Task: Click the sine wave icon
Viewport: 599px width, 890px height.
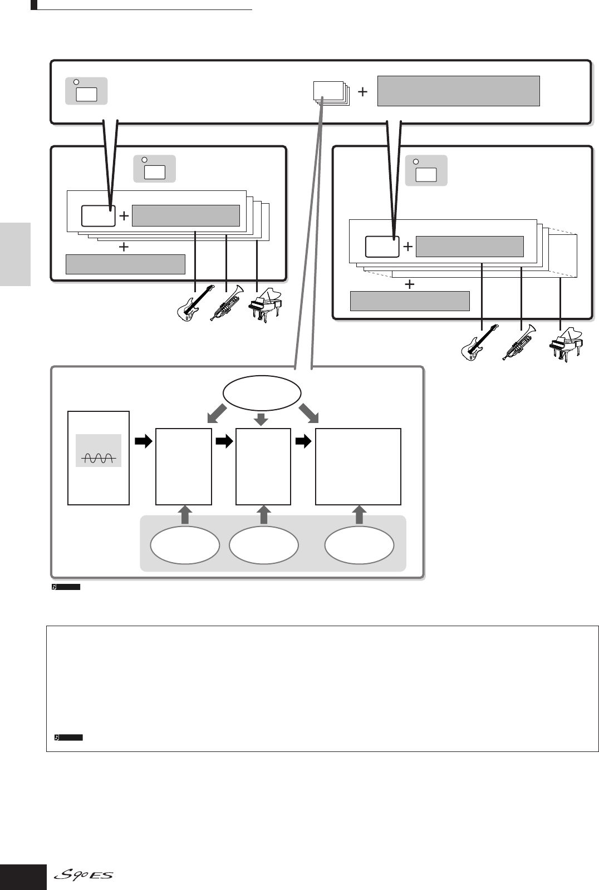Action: point(99,458)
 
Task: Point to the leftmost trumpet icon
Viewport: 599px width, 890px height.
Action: point(225,304)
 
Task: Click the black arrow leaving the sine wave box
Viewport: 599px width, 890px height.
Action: point(143,441)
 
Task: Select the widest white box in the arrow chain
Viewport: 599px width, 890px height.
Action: point(358,466)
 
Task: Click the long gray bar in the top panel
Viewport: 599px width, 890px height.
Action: point(458,91)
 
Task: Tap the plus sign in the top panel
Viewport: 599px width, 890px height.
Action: point(362,92)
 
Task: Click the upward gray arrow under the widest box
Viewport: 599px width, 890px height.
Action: point(359,515)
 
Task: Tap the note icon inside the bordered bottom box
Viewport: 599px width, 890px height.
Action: point(57,737)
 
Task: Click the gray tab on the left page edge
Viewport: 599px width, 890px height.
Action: point(15,254)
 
